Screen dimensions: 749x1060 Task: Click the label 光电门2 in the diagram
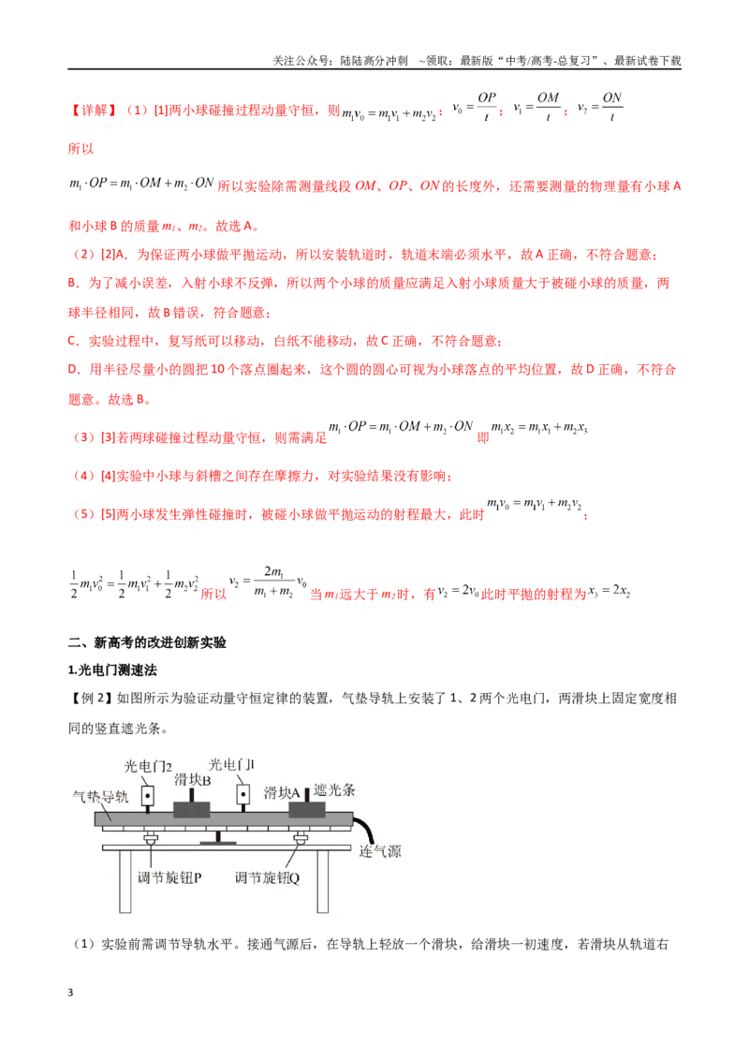[148, 766]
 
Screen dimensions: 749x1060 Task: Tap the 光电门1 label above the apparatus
[232, 765]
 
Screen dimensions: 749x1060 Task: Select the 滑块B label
[193, 780]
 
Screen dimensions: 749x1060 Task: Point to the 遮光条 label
[334, 789]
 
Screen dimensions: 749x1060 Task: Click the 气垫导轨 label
[100, 796]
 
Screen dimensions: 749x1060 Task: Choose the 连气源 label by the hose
[380, 851]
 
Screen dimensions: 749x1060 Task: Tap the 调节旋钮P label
[169, 877]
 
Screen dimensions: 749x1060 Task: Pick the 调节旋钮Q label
[267, 877]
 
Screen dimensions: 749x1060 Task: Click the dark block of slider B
[191, 809]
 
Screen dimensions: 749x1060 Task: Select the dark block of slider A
[307, 808]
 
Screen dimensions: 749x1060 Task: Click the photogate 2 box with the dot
[147, 796]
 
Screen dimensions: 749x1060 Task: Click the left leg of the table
[125, 881]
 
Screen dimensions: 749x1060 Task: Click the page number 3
[70, 993]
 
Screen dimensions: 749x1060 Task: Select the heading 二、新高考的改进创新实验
[147, 642]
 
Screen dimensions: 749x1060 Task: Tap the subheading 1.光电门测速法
[112, 670]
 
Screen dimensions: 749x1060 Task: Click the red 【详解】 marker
[94, 110]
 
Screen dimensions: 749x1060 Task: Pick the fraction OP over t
[487, 107]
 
